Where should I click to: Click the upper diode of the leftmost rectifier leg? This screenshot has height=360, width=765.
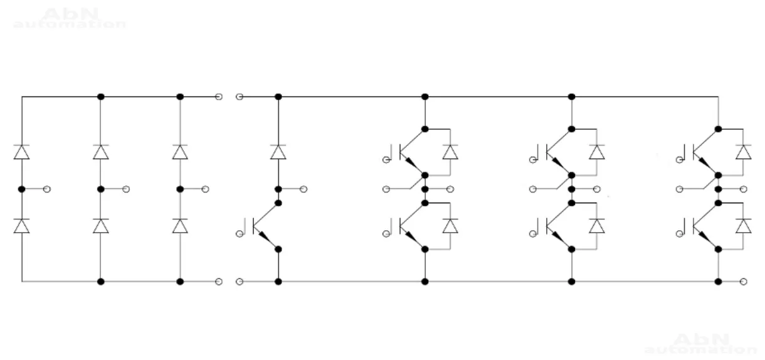click(22, 152)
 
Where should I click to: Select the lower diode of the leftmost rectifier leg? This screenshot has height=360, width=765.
click(22, 226)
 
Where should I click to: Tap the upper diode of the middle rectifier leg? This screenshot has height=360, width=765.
click(101, 152)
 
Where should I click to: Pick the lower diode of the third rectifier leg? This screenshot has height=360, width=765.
click(180, 226)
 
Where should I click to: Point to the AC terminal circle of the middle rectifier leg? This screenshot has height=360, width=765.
click(127, 189)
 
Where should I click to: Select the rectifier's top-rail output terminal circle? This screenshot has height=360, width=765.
click(218, 97)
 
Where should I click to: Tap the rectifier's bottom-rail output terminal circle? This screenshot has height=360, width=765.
click(218, 282)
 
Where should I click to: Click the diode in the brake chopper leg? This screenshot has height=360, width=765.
click(278, 152)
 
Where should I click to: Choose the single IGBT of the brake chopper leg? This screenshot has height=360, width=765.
click(266, 227)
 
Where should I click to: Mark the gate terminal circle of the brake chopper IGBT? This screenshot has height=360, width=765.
click(240, 233)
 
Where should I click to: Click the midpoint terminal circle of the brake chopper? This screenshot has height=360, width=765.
click(304, 189)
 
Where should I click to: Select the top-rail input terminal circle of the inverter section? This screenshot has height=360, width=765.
click(238, 97)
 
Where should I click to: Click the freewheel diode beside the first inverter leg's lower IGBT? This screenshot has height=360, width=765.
click(450, 226)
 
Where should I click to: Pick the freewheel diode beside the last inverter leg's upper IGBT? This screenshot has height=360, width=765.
click(744, 152)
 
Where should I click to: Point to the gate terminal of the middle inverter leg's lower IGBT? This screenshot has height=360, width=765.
click(532, 233)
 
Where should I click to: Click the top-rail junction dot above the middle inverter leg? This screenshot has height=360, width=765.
click(571, 97)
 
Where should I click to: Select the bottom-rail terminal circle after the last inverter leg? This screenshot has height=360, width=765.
click(744, 282)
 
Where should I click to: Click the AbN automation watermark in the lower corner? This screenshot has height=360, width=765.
click(700, 344)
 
